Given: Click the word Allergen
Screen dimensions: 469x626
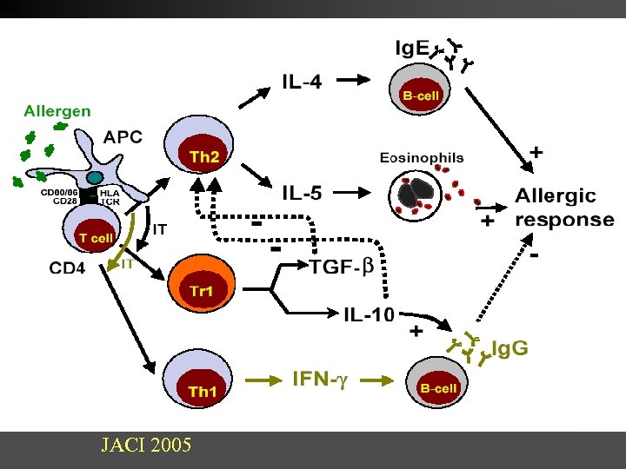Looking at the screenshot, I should [57, 111].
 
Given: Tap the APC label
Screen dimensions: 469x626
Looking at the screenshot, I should [123, 137].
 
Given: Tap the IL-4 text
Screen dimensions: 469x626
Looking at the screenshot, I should [302, 83].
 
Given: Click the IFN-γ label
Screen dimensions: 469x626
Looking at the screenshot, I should [319, 379].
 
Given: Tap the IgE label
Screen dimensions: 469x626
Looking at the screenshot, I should [411, 49].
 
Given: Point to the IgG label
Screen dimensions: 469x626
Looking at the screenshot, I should [509, 349].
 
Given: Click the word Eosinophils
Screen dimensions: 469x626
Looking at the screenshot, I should [422, 158].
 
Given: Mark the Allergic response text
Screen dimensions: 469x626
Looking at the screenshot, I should [563, 208].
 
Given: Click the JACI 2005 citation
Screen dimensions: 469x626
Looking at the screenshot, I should [147, 447].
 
